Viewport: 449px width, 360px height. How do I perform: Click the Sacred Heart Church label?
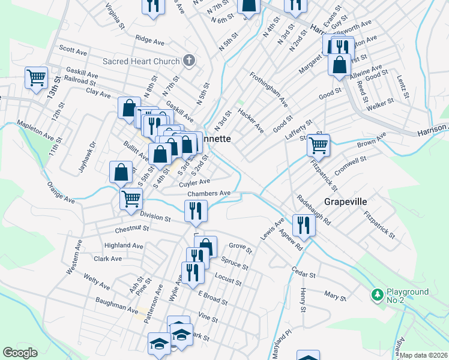click(141, 61)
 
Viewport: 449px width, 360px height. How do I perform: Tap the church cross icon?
click(189, 61)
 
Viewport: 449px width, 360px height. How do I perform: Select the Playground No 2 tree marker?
click(378, 295)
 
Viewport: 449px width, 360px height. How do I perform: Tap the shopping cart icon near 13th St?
click(36, 77)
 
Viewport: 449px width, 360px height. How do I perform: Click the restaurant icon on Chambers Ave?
click(196, 210)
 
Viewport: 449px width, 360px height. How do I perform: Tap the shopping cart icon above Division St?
click(130, 198)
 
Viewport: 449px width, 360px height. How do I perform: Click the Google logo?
click(20, 353)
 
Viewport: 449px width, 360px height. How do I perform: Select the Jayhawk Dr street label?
click(86, 157)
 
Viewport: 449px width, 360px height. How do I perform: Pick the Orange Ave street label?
click(61, 191)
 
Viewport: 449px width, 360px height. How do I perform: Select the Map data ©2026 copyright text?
click(424, 355)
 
